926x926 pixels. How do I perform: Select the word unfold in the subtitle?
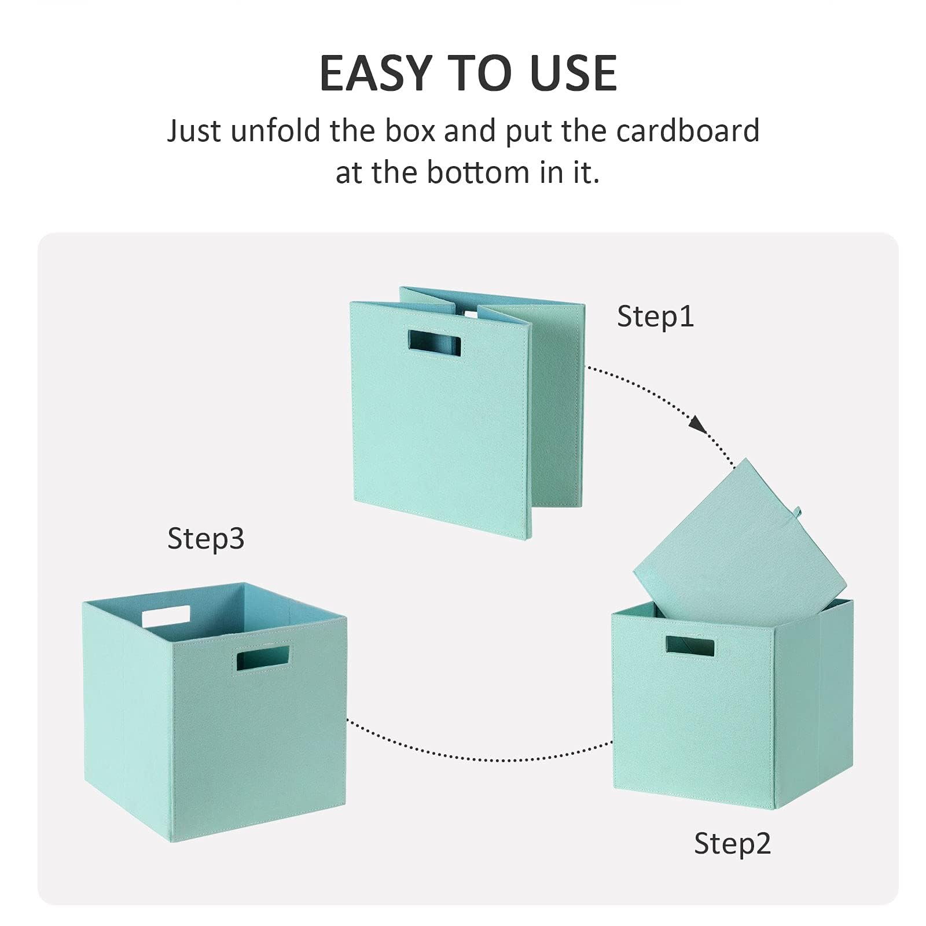pos(275,130)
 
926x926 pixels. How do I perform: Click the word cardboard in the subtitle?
pos(688,130)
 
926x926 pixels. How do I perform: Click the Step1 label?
pos(655,317)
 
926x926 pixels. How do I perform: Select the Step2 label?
pos(732,843)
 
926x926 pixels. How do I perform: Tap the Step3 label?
pos(205,538)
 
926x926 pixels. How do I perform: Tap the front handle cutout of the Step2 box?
pos(689,646)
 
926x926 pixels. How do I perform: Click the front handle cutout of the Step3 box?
pos(263,659)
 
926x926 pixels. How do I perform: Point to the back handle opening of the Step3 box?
pos(166,616)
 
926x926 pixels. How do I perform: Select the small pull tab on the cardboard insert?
pos(797,512)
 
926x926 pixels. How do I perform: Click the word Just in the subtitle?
pos(194,130)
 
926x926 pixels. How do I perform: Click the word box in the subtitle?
pos(410,130)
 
